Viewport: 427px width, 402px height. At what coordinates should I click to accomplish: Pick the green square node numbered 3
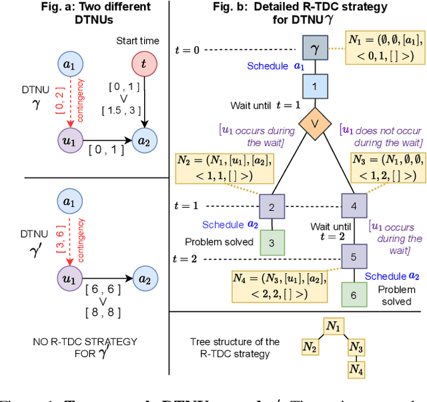(272, 242)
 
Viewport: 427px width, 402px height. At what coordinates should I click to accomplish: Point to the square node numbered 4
(354, 206)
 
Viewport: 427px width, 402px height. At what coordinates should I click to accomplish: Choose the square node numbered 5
(354, 256)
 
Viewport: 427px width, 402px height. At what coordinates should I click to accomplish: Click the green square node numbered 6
(354, 294)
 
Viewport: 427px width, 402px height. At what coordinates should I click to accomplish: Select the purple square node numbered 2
(272, 206)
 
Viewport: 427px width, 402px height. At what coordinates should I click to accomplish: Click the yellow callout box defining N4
(272, 284)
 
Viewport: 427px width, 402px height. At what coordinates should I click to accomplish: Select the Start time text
(137, 41)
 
